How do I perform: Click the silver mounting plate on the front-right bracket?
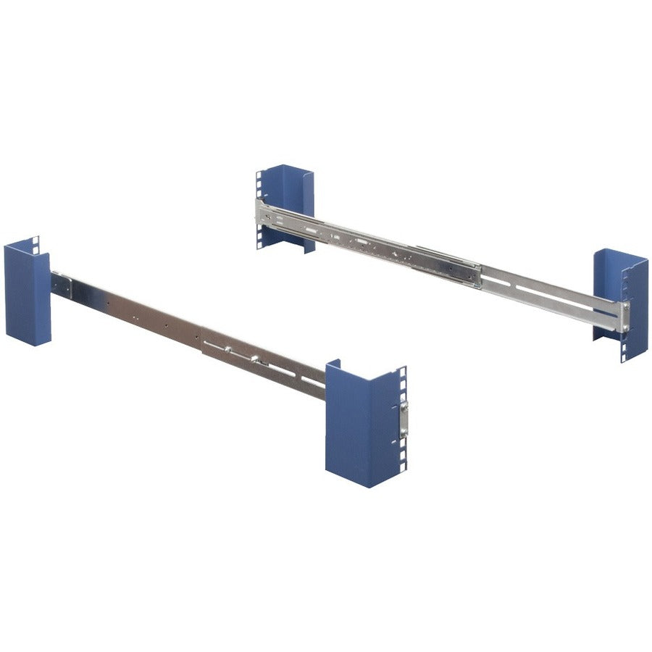[403, 419]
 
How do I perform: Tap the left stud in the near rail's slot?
[227, 349]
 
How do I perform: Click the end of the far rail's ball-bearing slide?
[475, 271]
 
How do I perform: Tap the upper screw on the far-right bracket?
[624, 308]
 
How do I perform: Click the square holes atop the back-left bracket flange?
[258, 182]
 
